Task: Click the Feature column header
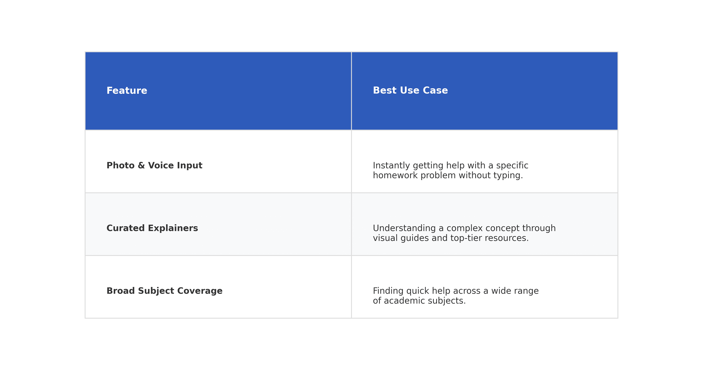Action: tap(127, 91)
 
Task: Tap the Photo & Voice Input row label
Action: tap(154, 166)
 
